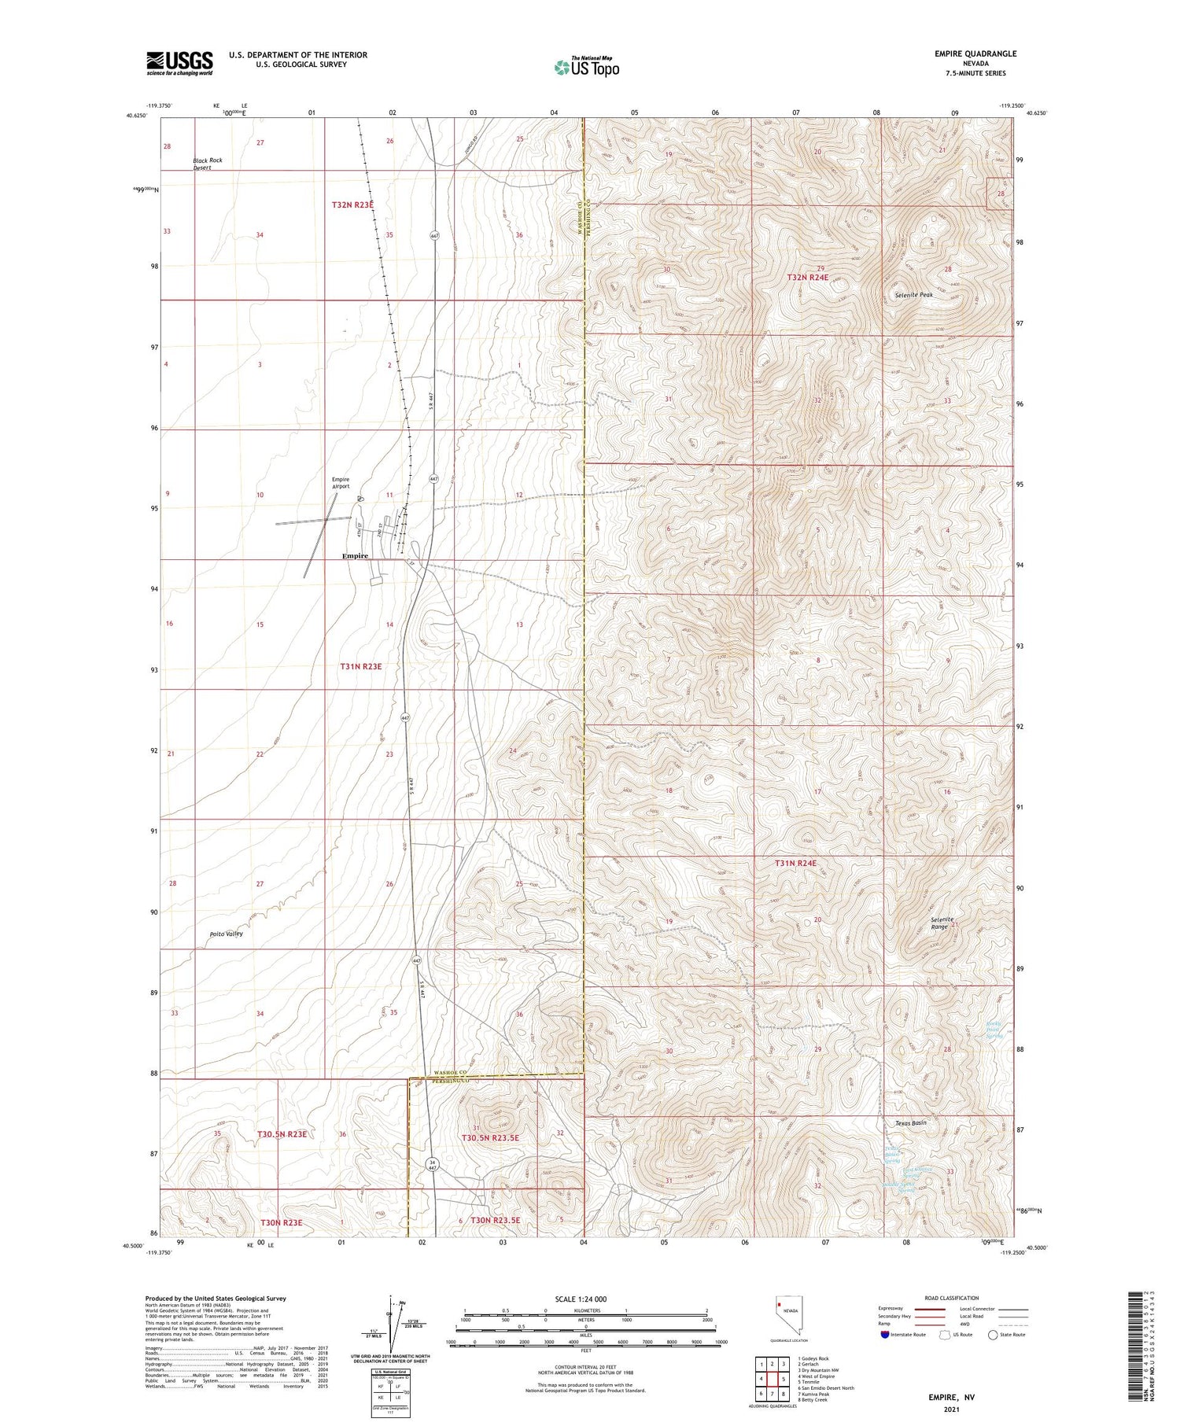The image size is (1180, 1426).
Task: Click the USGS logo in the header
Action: [x=179, y=63]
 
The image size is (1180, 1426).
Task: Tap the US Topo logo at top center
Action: [x=586, y=68]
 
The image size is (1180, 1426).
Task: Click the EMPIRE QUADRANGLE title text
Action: [x=975, y=53]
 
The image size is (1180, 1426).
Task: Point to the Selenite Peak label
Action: [x=913, y=295]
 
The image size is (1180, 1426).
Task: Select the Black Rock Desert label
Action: [x=208, y=164]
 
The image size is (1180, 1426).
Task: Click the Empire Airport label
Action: [x=341, y=483]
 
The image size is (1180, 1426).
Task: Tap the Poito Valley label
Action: [x=226, y=934]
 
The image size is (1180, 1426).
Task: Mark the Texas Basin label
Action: [x=911, y=1123]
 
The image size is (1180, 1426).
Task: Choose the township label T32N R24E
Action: [x=807, y=278]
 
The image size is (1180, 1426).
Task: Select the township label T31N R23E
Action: [x=361, y=666]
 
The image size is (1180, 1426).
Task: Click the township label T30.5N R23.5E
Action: [x=490, y=1137]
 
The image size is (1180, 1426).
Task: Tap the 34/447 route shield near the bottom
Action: [x=431, y=1164]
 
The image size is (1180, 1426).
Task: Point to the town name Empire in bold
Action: [x=355, y=555]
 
